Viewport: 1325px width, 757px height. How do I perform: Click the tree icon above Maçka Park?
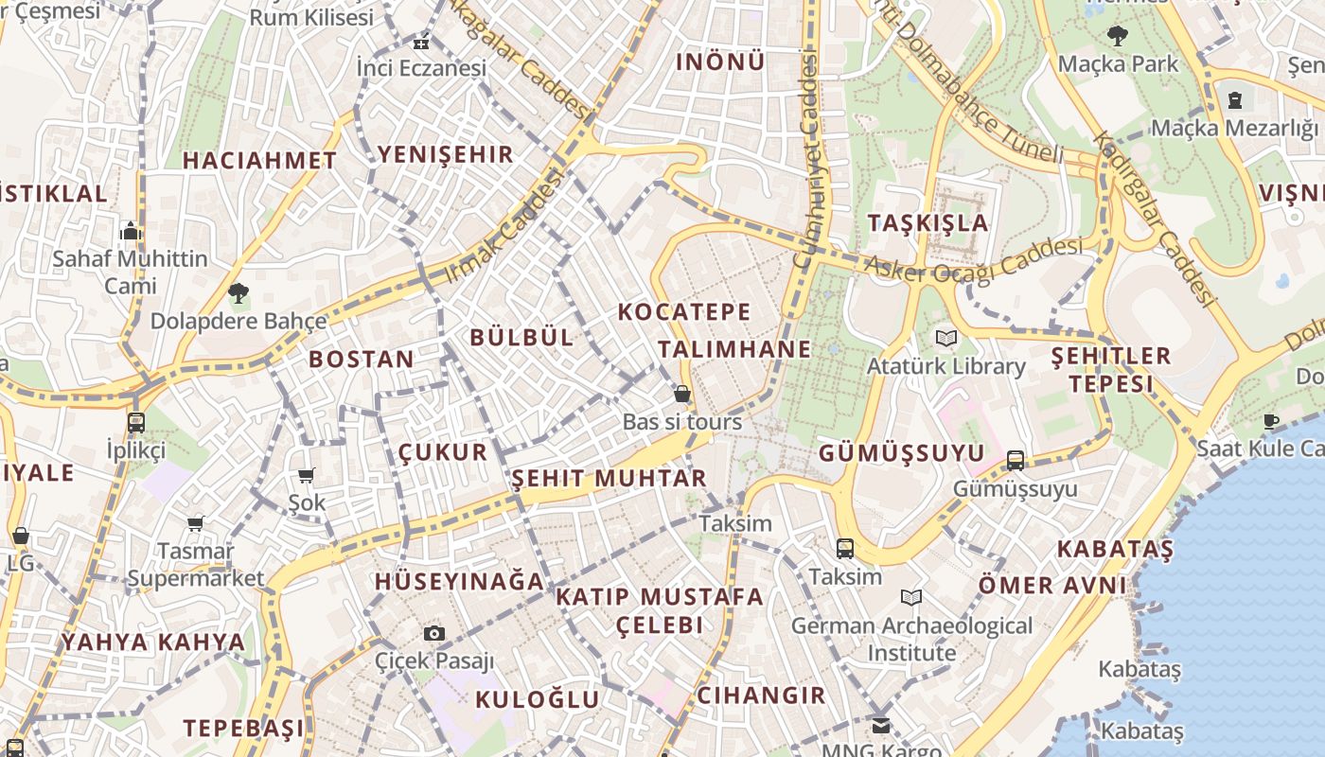click(x=1118, y=37)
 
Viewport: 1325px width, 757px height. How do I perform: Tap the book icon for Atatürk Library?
click(x=946, y=338)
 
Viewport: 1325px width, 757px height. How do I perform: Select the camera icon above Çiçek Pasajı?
click(x=434, y=633)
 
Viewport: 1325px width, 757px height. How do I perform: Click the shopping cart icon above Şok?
click(x=306, y=475)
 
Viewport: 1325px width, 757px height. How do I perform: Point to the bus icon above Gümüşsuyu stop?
click(x=1016, y=461)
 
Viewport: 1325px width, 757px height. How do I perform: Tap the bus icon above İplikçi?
click(x=136, y=422)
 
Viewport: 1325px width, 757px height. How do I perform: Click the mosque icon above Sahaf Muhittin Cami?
click(x=131, y=230)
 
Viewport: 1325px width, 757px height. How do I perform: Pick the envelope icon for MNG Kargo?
click(x=881, y=726)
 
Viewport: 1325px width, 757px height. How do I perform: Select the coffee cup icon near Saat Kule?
click(x=1270, y=421)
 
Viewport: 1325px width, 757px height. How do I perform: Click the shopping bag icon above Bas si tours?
click(x=682, y=394)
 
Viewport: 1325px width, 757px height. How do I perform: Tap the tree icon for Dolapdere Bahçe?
click(x=238, y=293)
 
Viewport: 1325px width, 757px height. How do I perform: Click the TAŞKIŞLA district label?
click(x=927, y=223)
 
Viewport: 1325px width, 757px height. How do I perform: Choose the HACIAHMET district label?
click(x=258, y=161)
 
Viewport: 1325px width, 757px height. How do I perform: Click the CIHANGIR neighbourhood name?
click(x=761, y=695)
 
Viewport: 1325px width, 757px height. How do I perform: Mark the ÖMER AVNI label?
click(x=1051, y=586)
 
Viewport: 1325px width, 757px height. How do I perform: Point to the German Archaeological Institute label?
click(x=911, y=639)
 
